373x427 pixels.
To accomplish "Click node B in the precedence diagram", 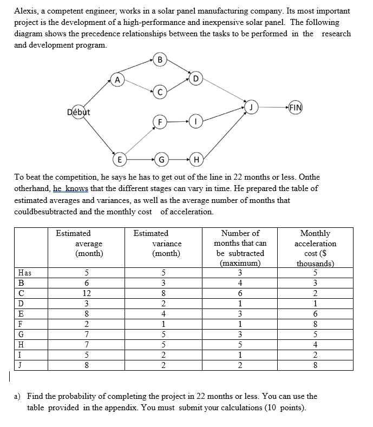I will [x=160, y=59].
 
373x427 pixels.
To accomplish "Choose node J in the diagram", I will [x=251, y=107].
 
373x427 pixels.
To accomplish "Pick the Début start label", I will [x=78, y=112].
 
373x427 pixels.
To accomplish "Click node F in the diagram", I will [x=159, y=122].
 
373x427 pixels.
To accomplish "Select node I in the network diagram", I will [x=196, y=122].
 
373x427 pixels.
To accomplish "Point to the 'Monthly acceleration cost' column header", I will [x=315, y=248].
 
